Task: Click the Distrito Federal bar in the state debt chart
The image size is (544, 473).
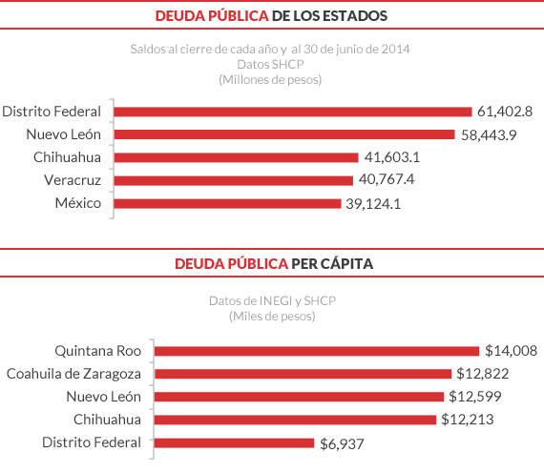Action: click(293, 112)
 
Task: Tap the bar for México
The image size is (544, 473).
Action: click(227, 203)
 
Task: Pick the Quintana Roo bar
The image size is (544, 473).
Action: click(317, 350)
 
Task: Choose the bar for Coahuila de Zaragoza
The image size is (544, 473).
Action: click(303, 373)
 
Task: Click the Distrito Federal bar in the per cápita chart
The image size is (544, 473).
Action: click(234, 442)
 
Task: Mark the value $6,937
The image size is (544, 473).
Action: click(342, 443)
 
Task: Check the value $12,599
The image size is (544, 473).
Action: click(474, 397)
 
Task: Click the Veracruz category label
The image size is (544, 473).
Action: click(73, 180)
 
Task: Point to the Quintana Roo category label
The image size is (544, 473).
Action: click(97, 350)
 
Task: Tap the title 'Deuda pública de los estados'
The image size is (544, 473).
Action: click(271, 16)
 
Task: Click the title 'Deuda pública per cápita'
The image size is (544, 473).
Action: click(271, 262)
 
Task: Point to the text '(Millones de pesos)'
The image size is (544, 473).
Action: click(271, 79)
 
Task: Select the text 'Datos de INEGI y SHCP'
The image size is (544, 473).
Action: click(271, 300)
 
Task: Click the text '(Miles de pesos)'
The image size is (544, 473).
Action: click(271, 316)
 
